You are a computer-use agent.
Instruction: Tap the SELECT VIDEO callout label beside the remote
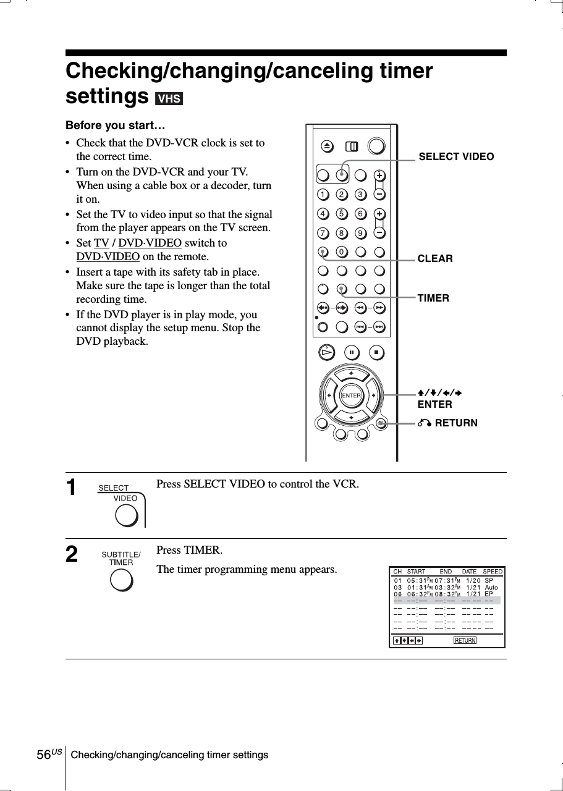(456, 157)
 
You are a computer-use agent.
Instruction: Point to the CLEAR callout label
(435, 258)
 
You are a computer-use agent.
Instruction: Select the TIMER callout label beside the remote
(433, 298)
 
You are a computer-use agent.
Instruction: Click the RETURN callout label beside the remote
(455, 423)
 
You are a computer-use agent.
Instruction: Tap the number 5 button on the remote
(341, 214)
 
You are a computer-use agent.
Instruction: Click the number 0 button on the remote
(341, 252)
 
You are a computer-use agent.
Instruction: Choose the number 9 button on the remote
(360, 233)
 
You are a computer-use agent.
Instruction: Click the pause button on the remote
(351, 353)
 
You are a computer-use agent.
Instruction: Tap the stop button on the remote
(376, 353)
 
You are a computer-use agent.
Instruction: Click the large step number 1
(72, 488)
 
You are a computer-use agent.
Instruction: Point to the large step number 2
(72, 554)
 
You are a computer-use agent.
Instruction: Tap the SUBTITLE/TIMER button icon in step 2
(121, 580)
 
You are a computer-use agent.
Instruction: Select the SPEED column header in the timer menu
(493, 572)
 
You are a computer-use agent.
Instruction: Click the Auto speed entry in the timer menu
(491, 587)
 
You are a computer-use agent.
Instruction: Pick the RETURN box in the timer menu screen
(465, 640)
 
